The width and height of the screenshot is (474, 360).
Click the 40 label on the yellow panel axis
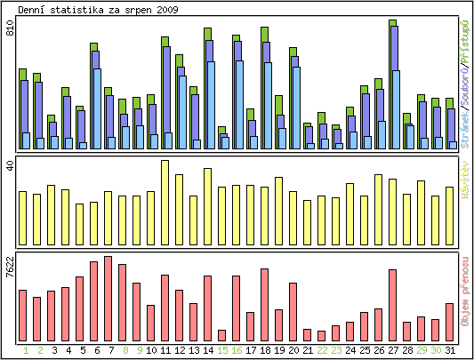click(x=10, y=166)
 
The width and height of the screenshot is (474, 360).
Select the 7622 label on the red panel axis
click(x=10, y=268)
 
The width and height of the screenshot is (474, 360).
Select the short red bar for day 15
click(x=221, y=335)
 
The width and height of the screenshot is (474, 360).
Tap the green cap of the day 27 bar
click(x=392, y=23)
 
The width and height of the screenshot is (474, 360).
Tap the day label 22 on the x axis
click(x=322, y=350)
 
